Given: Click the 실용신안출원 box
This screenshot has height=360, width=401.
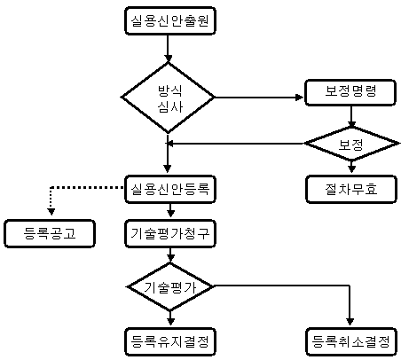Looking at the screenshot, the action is coord(170,21).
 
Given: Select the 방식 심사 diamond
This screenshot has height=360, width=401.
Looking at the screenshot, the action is coord(168,98).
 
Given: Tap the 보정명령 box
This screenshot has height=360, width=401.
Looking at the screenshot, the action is coord(350,92).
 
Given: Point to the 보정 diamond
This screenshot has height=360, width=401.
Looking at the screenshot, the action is coord(351,144).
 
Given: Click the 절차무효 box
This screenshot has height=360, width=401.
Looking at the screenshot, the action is coord(351,189).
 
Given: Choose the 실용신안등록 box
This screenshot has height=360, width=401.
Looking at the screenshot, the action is coord(170,189).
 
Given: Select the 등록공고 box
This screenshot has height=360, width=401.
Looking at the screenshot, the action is coord(50,233).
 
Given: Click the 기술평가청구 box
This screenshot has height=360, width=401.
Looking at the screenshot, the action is coord(170,233).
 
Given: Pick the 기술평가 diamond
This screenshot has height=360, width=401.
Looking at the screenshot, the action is coord(170,286).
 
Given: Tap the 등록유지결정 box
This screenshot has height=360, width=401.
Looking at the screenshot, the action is coord(170,341).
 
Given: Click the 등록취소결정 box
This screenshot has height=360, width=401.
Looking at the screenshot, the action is coord(351,341).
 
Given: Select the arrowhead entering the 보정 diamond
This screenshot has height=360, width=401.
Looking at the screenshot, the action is coord(351,124).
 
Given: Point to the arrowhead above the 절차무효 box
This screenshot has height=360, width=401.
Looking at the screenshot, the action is coord(351,168).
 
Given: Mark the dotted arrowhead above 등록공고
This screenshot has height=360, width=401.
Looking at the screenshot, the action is coord(51,211).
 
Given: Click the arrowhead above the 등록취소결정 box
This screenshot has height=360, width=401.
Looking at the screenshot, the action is coord(350,322).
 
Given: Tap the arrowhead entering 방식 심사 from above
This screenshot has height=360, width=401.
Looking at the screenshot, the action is coord(168,58).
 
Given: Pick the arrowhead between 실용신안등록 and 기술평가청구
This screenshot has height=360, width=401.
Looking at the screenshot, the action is coord(170,213).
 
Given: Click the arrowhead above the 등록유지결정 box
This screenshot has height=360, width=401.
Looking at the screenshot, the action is coord(170,321).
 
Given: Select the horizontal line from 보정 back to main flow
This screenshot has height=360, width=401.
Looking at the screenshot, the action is coord(237,144).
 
